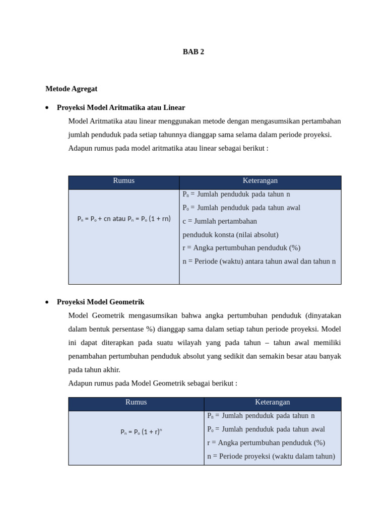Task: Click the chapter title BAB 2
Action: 193,52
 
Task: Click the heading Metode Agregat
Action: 71,89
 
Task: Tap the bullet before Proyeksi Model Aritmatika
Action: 47,108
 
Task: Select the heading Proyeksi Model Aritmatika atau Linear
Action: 121,107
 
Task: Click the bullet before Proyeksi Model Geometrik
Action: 47,302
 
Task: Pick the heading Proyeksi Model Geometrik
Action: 100,302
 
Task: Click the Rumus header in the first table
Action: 123,181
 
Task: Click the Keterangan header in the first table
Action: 260,181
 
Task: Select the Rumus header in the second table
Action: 136,402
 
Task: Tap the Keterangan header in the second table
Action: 272,402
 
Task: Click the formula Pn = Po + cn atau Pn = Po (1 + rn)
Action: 124,219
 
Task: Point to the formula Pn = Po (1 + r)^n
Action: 141,431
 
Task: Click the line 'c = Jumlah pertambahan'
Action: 220,221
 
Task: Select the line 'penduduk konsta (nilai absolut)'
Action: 230,235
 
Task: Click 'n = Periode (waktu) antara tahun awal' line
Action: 259,262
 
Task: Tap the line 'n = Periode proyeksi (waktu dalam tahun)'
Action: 271,456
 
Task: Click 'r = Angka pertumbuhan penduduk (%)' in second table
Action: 266,443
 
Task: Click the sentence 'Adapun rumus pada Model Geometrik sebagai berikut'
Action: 153,383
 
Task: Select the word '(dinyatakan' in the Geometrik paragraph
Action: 323,315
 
